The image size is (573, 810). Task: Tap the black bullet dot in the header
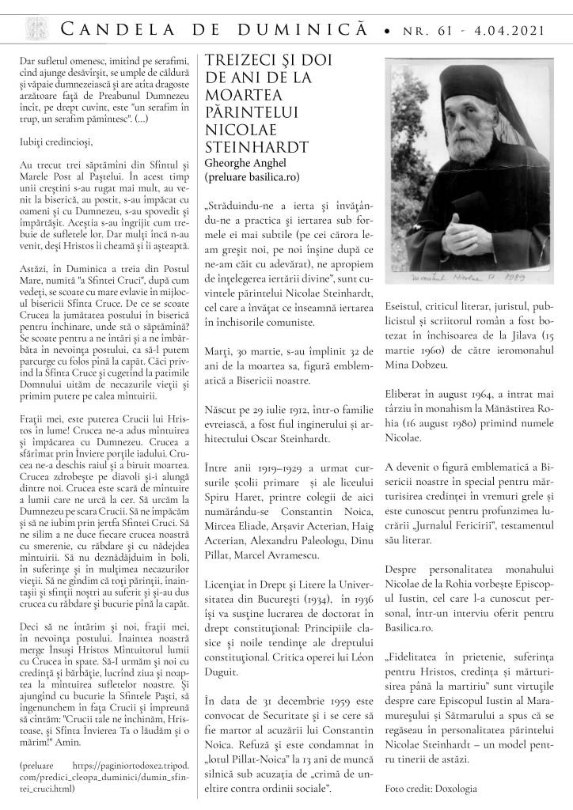[x=385, y=31]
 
